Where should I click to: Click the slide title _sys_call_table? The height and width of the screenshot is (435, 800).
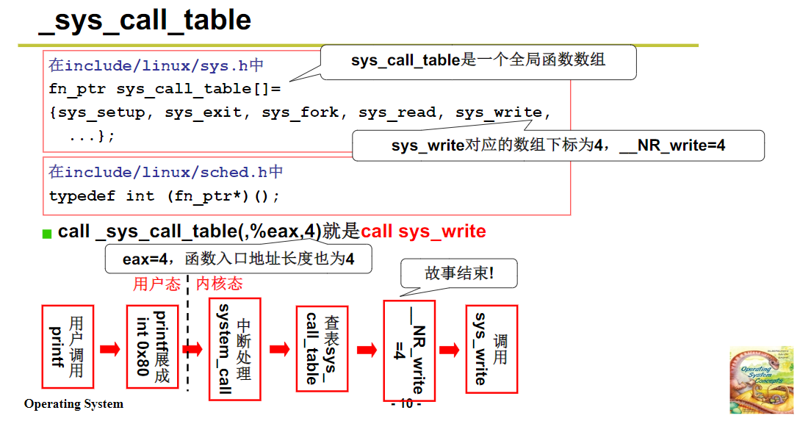(145, 20)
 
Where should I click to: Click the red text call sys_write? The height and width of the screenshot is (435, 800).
(423, 231)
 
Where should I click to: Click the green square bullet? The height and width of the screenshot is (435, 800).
(47, 234)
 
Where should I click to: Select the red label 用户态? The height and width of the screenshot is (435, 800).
(156, 284)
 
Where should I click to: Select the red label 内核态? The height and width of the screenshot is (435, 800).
(219, 284)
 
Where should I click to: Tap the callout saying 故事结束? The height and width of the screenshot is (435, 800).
(459, 273)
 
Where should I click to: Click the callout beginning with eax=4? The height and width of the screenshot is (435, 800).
(238, 259)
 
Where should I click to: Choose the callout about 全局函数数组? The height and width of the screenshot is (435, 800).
(478, 60)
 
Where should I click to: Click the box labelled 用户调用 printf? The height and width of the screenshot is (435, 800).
(68, 347)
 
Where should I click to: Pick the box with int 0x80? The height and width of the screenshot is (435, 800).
(152, 347)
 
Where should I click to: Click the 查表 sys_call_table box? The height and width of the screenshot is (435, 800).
(321, 348)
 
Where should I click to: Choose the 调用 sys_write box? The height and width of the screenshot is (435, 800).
(491, 348)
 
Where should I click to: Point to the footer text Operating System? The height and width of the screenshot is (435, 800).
(73, 404)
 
